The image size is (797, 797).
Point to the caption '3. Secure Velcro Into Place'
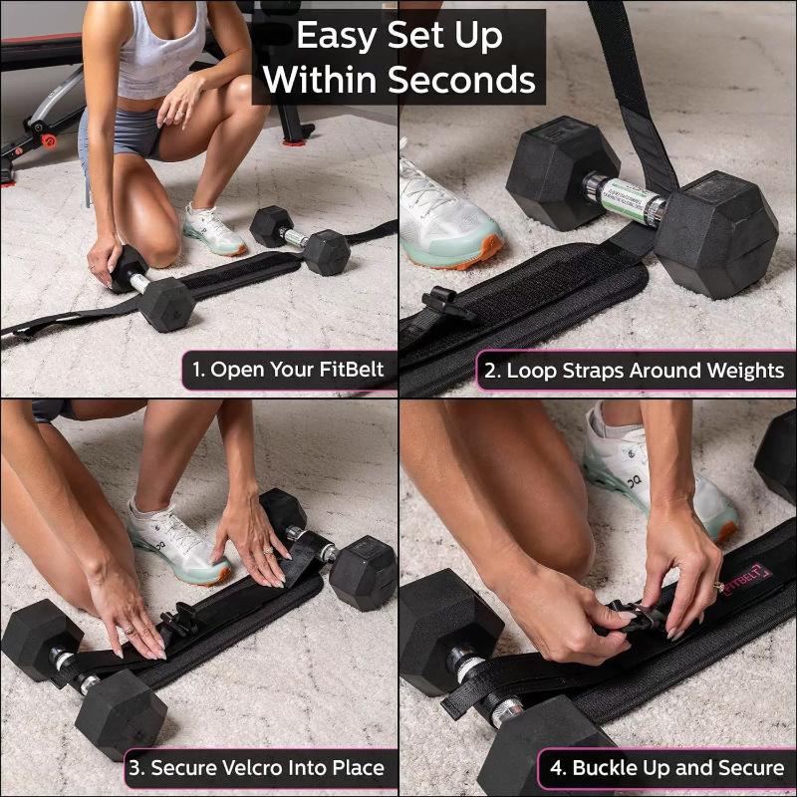click(257, 769)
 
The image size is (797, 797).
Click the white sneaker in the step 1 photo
click(213, 231)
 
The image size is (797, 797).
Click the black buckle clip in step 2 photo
click(445, 302)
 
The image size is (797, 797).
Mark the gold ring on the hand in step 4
click(718, 586)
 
